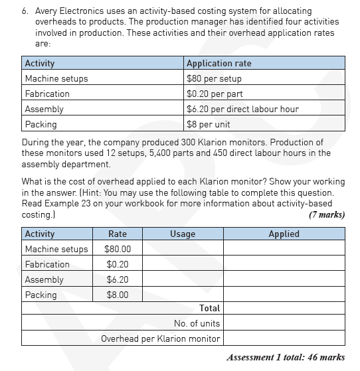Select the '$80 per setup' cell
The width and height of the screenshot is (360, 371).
214,78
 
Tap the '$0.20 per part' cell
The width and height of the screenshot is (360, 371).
214,94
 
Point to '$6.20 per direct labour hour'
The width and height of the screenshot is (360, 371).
242,109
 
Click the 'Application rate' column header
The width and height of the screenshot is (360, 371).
219,64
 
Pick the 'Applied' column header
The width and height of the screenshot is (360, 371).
284,234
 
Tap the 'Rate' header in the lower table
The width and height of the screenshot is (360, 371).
117,234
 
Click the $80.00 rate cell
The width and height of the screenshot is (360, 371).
117,249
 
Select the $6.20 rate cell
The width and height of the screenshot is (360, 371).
117,279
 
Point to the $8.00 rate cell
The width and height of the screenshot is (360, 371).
117,295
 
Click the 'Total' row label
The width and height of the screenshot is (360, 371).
209,308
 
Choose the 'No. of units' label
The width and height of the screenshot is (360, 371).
197,323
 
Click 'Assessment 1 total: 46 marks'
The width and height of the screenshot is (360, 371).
285,357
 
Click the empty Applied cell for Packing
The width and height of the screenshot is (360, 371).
284,295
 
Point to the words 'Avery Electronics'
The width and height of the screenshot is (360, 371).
70,11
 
